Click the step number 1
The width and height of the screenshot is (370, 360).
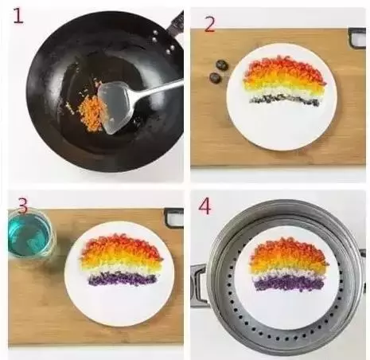click(18, 16)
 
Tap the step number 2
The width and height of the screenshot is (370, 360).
click(209, 24)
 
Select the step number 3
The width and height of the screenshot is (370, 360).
click(23, 205)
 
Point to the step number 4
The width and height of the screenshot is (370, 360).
click(204, 206)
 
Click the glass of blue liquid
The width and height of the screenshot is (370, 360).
click(31, 234)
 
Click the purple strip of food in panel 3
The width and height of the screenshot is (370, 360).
click(123, 278)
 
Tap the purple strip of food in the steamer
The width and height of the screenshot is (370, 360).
click(289, 283)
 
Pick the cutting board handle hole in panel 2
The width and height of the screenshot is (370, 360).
click(357, 38)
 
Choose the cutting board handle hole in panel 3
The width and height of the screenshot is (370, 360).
click(174, 218)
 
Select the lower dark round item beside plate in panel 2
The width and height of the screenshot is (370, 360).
click(215, 77)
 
